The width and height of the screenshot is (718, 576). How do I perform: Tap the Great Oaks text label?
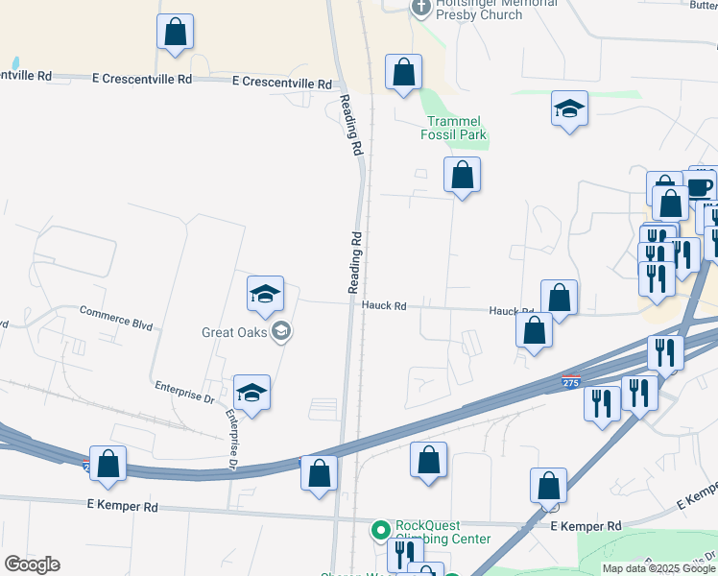(x=234, y=333)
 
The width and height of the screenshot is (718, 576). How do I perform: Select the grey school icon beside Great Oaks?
(x=281, y=332)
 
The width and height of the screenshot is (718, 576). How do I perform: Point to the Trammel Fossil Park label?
(x=456, y=129)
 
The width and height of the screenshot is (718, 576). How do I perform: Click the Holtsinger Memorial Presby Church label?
(x=495, y=9)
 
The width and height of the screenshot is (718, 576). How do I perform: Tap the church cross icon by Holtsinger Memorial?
(x=420, y=9)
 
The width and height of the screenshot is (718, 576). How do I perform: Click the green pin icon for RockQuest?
(x=381, y=529)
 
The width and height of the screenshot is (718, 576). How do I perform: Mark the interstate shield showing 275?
(x=571, y=382)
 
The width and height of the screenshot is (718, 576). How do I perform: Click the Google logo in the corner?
(x=32, y=564)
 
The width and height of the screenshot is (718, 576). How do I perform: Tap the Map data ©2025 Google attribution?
(x=658, y=568)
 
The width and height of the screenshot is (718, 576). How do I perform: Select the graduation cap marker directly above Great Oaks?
(x=265, y=294)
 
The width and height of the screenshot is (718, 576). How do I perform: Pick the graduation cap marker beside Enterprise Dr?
(x=251, y=393)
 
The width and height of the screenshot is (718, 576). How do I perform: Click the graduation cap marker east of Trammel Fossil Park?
(x=569, y=108)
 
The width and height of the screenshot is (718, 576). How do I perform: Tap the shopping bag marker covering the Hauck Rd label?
(x=559, y=298)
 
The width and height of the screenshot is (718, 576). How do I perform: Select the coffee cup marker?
(x=700, y=184)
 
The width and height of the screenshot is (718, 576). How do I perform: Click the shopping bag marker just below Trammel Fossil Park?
(x=462, y=176)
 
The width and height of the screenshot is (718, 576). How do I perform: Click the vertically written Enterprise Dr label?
(x=232, y=439)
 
